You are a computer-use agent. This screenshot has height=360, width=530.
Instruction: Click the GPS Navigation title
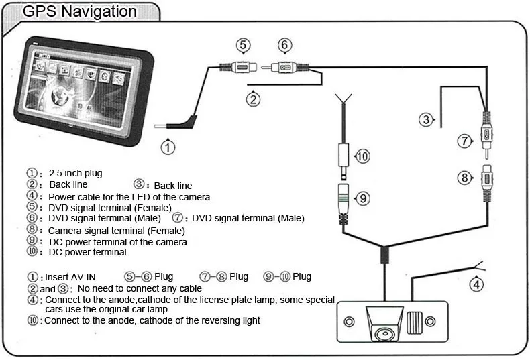80,11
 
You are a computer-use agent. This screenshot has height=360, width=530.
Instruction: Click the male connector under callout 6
285,68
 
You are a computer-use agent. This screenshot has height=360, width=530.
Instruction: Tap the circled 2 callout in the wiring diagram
253,100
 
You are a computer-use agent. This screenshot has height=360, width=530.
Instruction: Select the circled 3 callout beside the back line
426,120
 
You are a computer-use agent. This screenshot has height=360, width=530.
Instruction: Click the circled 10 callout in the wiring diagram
362,156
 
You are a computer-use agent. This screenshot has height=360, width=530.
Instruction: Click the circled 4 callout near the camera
476,284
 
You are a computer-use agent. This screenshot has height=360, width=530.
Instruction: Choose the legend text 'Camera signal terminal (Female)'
116,230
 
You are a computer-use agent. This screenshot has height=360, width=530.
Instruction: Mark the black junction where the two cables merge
384,255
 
